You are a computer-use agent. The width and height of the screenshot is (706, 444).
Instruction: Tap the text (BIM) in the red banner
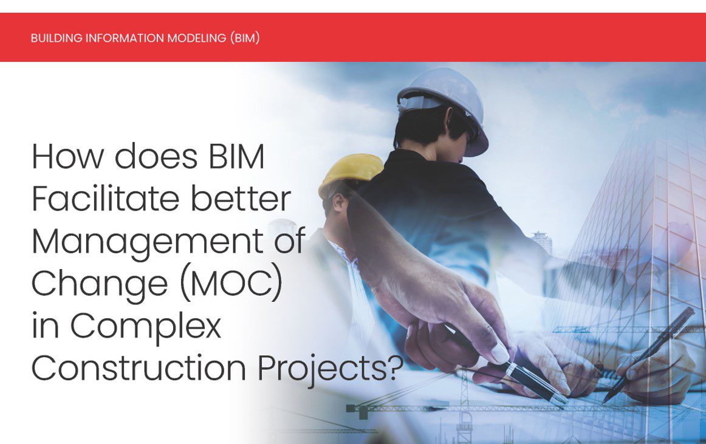tap(245, 38)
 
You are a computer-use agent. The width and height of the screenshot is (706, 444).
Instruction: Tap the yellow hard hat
tap(351, 172)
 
